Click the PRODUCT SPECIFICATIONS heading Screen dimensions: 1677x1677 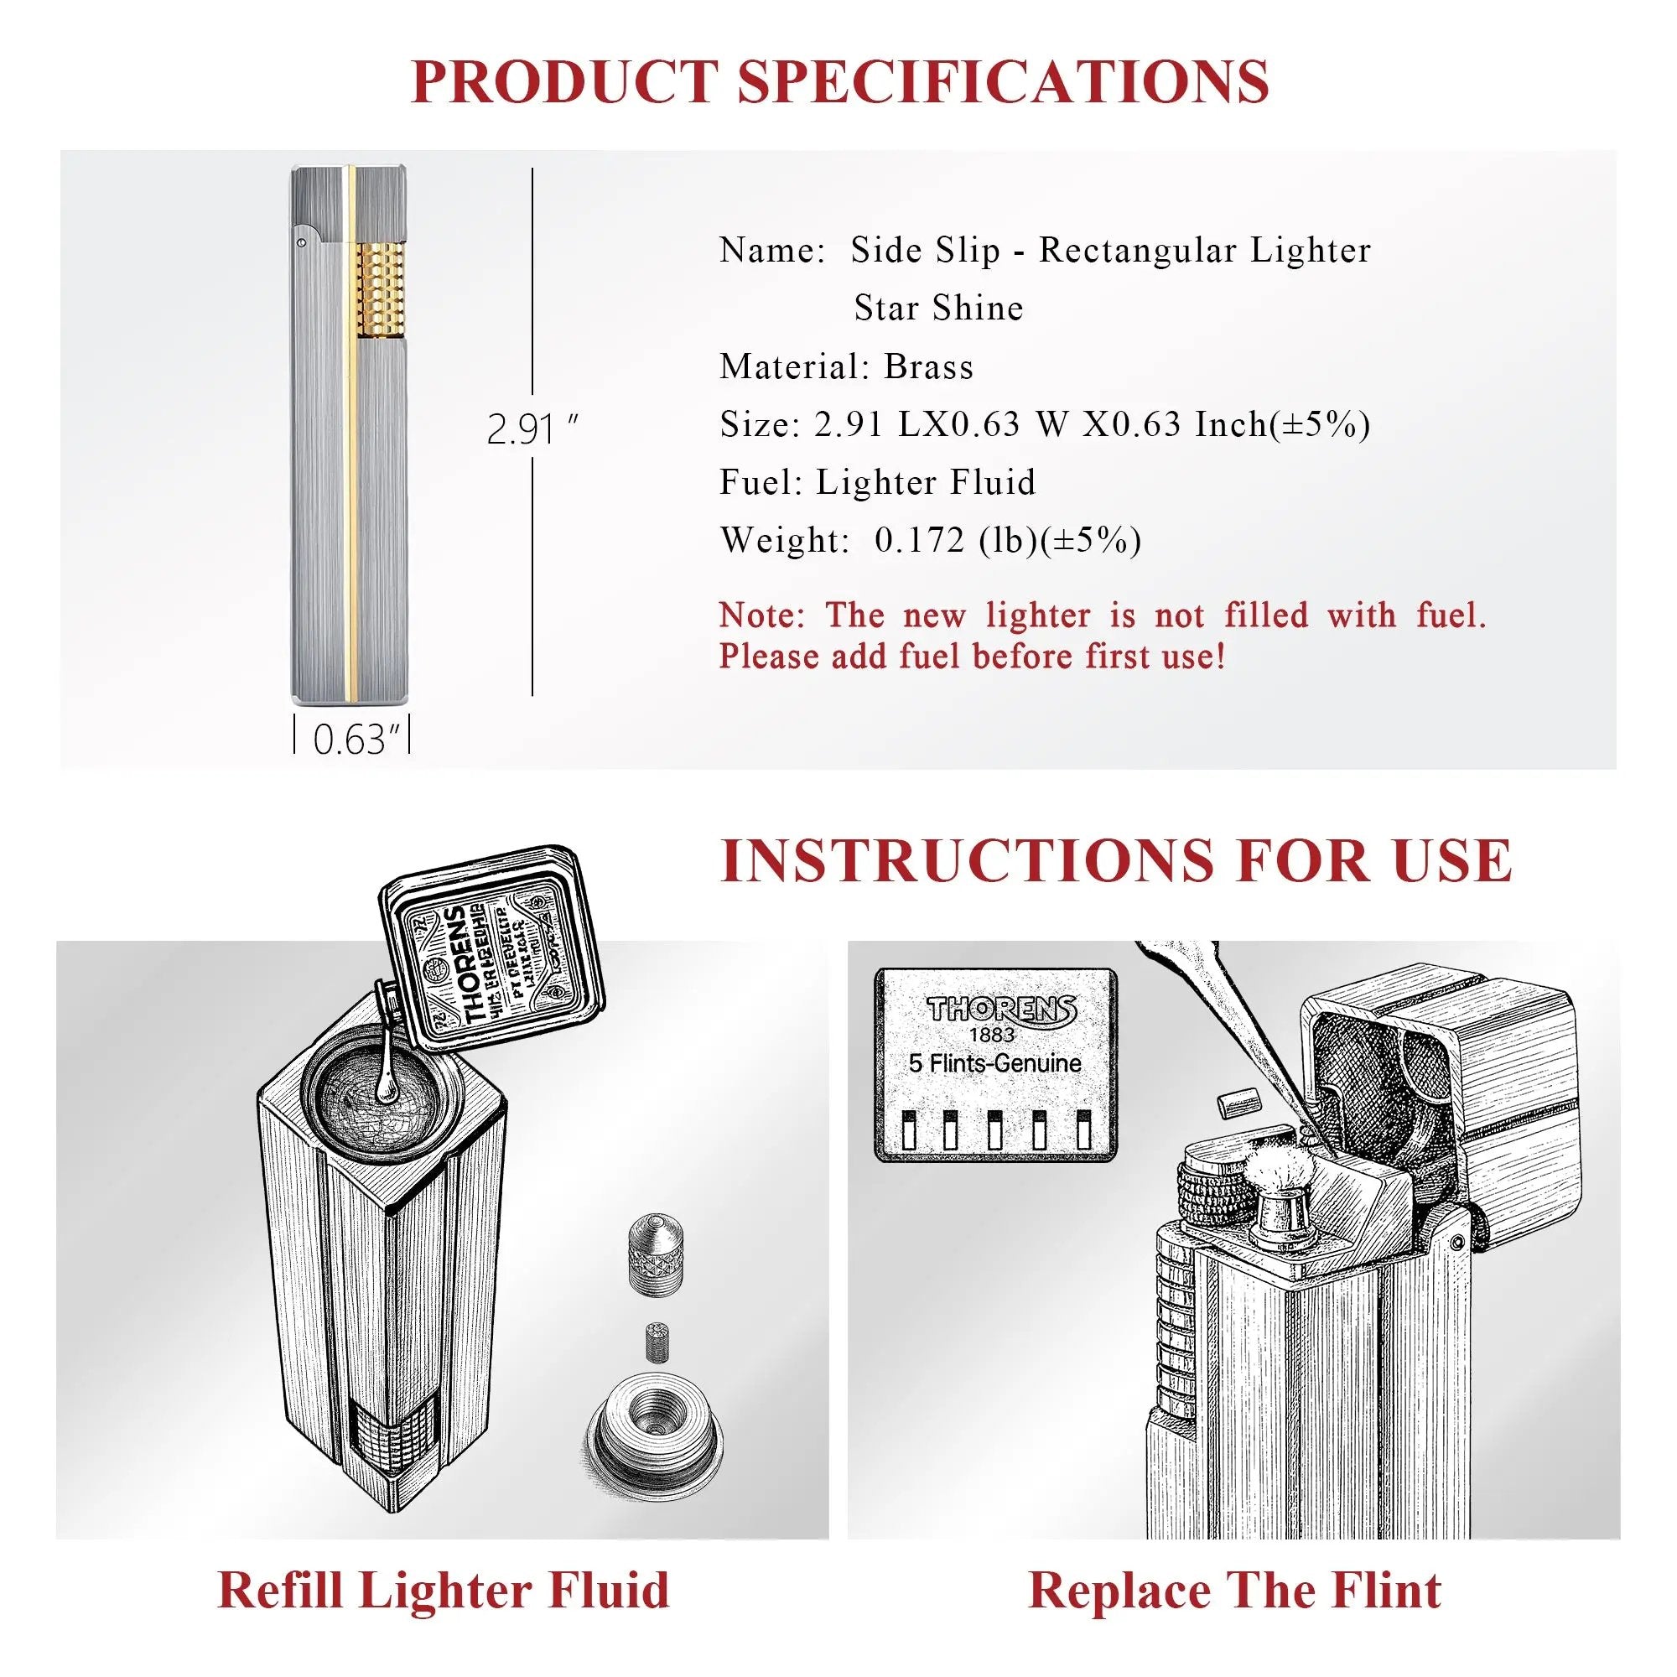tap(838, 81)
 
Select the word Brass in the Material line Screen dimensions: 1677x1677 tap(928, 367)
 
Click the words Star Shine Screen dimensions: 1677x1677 tap(938, 308)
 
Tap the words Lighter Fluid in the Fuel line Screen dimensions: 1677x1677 tap(926, 483)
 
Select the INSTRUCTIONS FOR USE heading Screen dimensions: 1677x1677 tap(1116, 860)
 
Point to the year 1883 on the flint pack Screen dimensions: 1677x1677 tap(991, 1035)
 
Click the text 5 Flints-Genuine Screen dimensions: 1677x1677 tap(994, 1063)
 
